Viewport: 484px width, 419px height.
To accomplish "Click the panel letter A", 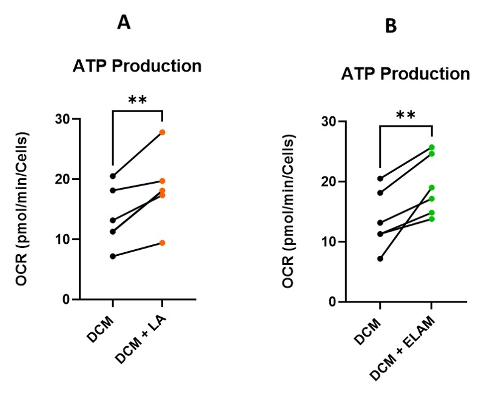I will (124, 23).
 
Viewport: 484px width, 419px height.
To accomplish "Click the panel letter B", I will (391, 27).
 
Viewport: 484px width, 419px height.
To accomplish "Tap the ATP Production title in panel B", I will (405, 74).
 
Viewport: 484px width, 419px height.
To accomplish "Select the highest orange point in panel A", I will (163, 132).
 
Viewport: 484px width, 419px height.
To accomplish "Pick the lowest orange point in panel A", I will (163, 243).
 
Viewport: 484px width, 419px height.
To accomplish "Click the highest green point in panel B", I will (432, 147).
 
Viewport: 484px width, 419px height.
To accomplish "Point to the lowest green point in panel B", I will (432, 218).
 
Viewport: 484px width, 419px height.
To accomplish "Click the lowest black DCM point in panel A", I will (113, 256).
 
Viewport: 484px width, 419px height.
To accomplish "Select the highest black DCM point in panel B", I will (380, 178).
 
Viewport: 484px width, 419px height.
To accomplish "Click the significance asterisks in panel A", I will (137, 99).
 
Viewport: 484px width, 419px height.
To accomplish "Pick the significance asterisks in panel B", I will (405, 115).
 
